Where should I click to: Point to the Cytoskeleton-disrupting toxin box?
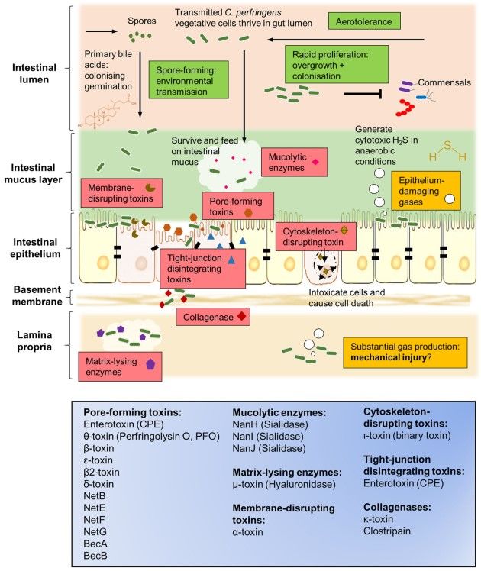[x=315, y=236]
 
